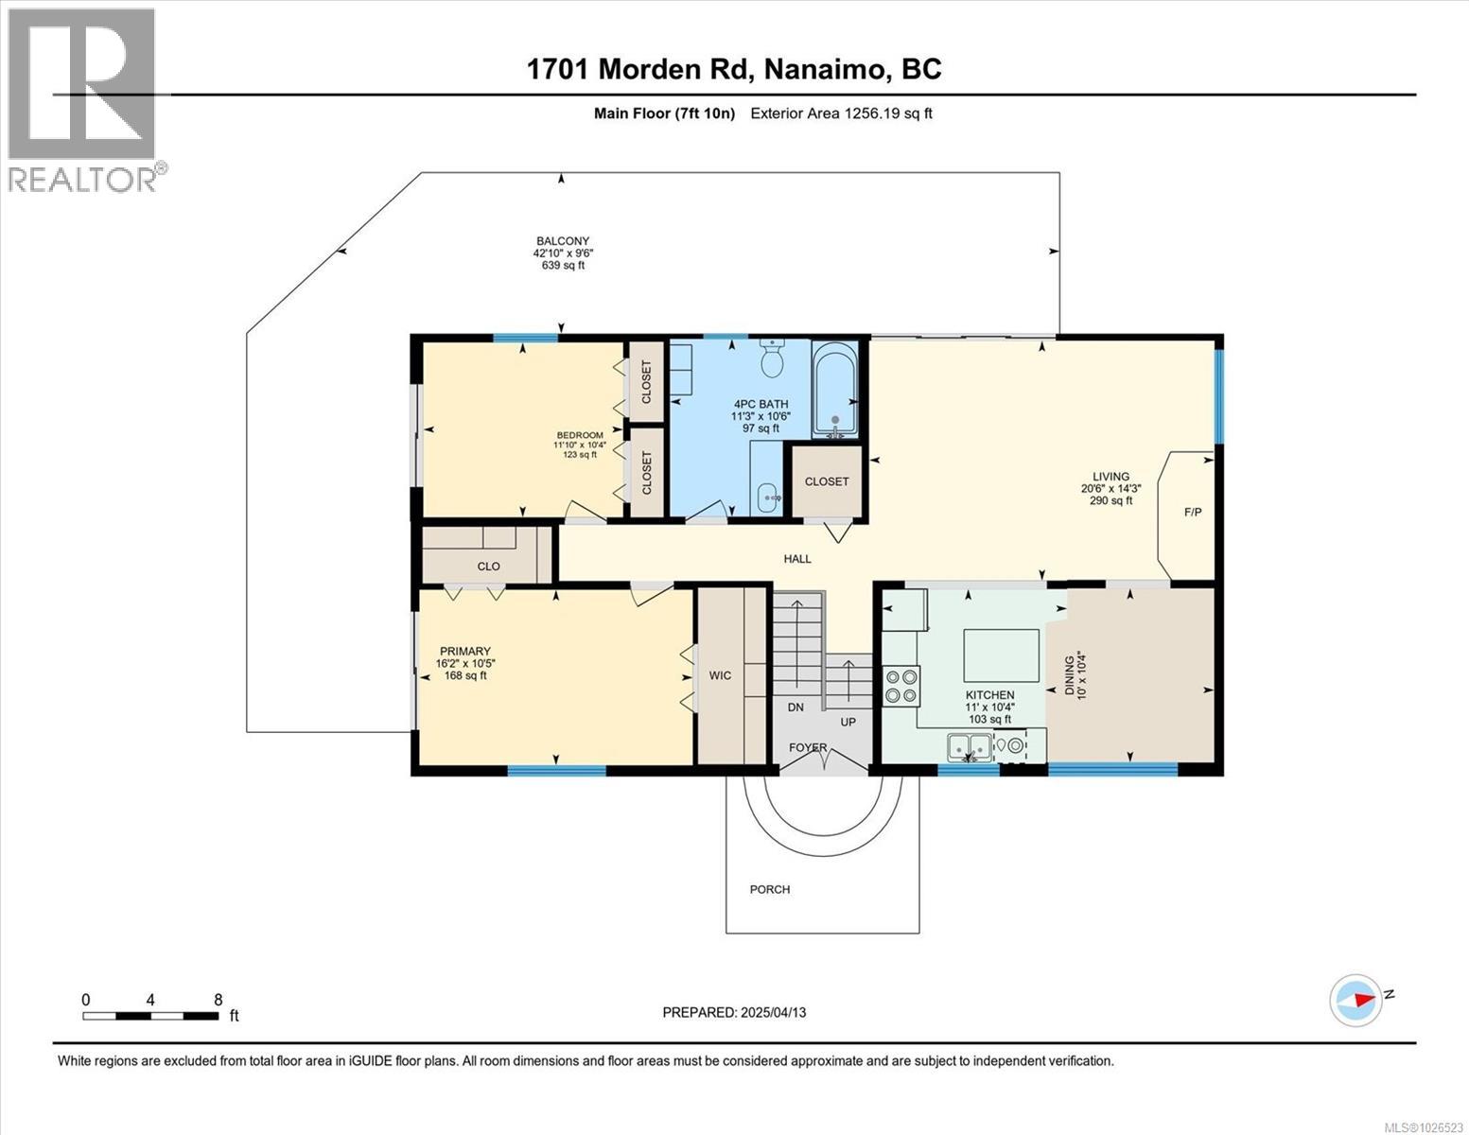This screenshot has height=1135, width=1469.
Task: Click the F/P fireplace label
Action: [x=1193, y=513]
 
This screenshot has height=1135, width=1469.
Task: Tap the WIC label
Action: [x=720, y=675]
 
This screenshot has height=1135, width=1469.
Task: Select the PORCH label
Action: [x=769, y=889]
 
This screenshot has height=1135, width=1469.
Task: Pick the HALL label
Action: [x=797, y=559]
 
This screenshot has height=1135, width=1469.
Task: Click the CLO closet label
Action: [x=488, y=567]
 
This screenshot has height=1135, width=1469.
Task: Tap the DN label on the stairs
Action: [x=796, y=707]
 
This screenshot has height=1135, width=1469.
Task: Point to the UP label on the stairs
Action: [x=848, y=722]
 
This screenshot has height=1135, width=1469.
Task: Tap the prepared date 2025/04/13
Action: [x=734, y=1012]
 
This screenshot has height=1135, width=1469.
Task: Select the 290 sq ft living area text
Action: [x=1110, y=500]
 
